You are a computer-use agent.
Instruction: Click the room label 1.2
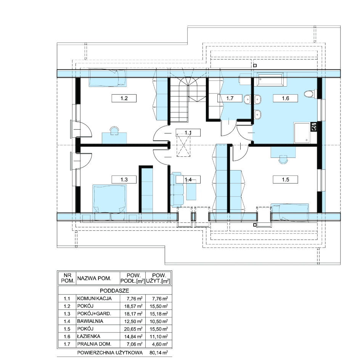[x=124, y=98]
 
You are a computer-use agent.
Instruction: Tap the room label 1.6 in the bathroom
[x=285, y=98]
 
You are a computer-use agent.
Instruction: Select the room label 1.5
[x=285, y=180]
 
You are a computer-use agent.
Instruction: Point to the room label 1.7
[x=230, y=98]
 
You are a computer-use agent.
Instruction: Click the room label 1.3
[x=124, y=180]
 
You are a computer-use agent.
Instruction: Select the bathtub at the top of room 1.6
[x=270, y=79]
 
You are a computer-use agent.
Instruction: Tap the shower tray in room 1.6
[x=302, y=133]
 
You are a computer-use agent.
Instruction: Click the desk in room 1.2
[x=114, y=138]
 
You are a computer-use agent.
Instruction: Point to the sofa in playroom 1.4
[x=177, y=189]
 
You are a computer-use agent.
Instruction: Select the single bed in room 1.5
[x=290, y=212]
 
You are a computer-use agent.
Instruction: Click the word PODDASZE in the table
[x=114, y=291]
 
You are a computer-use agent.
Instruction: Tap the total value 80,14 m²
[x=158, y=352]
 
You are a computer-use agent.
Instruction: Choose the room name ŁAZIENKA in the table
[x=88, y=336]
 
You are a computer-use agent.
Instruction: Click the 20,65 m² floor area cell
[x=133, y=329]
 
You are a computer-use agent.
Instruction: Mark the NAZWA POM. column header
[x=94, y=278]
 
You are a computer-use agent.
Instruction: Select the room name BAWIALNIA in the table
[x=90, y=321]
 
